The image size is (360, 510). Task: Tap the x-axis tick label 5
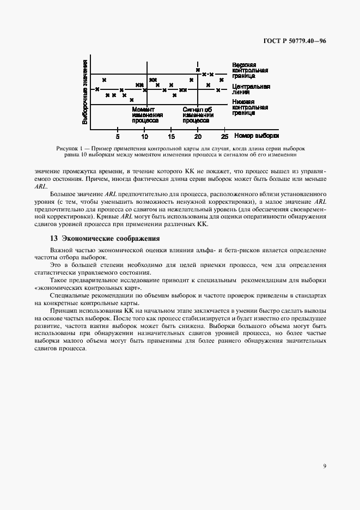118,136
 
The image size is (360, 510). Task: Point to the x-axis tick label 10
144,136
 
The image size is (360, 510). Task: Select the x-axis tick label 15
171,136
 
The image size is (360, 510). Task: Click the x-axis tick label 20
198,136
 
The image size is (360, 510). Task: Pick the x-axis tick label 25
224,136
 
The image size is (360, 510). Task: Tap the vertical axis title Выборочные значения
85,93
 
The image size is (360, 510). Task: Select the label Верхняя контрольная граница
250,70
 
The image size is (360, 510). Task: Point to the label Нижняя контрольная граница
250,107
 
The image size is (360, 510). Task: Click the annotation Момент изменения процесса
148,115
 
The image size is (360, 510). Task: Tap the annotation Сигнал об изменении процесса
198,115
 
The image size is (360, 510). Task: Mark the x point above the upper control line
198,70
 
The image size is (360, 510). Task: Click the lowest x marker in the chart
131,100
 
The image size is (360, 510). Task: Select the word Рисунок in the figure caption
68,148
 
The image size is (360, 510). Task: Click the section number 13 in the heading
53,238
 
